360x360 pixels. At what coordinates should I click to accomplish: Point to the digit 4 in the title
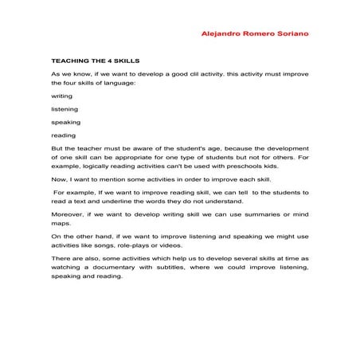[x=112, y=60]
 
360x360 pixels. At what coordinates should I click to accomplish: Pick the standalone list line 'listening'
[x=64, y=109]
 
